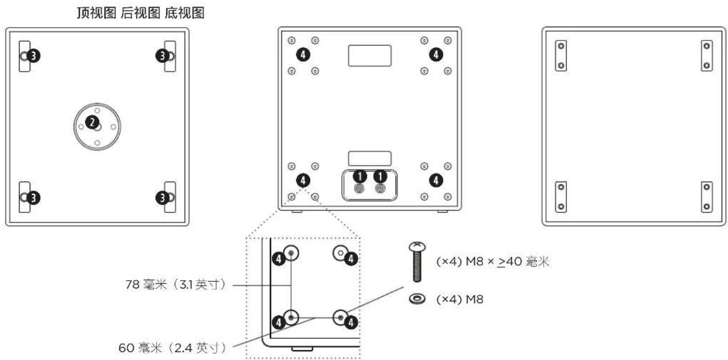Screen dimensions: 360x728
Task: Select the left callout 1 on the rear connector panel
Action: tap(360, 176)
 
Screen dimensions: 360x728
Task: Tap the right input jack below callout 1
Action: tap(380, 189)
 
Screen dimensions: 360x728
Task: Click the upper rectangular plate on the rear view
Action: tap(370, 55)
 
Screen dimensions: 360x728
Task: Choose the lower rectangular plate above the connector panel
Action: tap(370, 158)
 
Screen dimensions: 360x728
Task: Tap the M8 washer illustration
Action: tap(416, 299)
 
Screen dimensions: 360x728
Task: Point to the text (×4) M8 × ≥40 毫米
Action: tap(493, 263)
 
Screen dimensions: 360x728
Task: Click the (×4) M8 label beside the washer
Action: tap(460, 299)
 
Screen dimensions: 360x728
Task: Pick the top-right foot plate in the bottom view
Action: tap(706, 55)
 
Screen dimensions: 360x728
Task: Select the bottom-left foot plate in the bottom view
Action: tap(560, 197)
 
